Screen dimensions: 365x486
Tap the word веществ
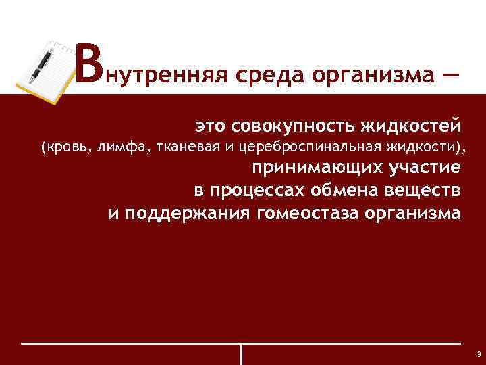[427, 191]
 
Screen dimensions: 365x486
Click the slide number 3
[477, 354]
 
